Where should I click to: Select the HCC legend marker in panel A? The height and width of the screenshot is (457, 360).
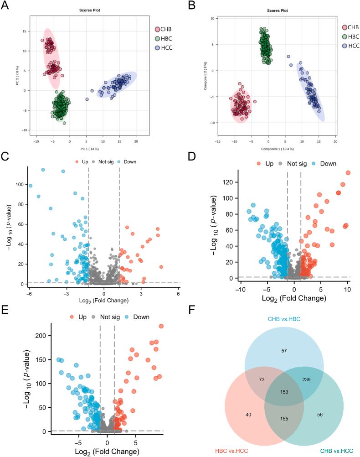pos(157,47)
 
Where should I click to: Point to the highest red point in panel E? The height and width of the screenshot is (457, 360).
pos(161,326)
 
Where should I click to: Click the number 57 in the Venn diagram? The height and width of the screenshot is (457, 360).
pos(284,350)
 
